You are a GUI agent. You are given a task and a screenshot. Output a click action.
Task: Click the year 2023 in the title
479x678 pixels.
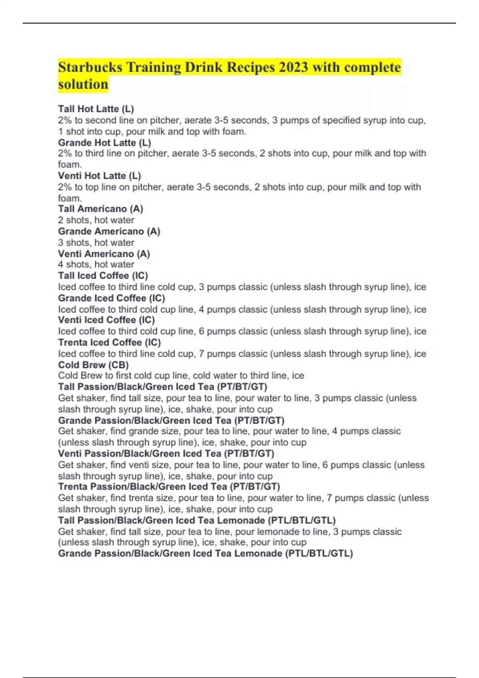(x=293, y=67)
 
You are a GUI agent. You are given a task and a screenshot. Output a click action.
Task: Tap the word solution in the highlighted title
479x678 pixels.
(x=83, y=85)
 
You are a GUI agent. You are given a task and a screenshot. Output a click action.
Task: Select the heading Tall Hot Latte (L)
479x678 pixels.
(x=96, y=109)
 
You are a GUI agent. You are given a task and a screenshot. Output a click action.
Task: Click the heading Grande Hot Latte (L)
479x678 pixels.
(x=104, y=142)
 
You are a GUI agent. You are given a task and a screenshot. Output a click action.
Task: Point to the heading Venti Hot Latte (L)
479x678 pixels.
(x=99, y=175)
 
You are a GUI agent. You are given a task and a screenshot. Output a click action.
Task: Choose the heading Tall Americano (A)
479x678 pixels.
(x=100, y=209)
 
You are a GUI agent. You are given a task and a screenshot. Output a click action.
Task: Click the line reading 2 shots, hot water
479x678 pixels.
(x=96, y=220)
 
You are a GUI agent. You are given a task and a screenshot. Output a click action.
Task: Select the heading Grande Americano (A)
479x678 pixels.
(x=109, y=231)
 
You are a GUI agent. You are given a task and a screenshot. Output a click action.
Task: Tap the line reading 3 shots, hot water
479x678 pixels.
(x=96, y=242)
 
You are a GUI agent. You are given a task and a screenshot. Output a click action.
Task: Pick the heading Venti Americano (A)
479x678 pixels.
(x=104, y=254)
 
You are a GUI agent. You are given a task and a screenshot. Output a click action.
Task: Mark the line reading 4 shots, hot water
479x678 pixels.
(x=96, y=264)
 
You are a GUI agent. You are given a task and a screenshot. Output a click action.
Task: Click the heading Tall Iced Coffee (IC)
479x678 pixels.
(x=103, y=276)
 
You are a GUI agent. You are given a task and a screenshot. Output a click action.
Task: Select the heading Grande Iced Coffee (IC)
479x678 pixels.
(x=111, y=298)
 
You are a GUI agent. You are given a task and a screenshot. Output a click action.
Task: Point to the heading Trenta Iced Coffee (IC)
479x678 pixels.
(x=109, y=342)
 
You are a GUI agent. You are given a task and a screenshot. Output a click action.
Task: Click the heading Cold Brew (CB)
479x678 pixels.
(x=93, y=365)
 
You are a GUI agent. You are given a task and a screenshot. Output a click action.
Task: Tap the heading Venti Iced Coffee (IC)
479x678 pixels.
(x=106, y=320)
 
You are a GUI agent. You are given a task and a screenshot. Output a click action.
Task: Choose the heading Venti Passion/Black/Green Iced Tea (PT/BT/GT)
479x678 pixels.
(x=166, y=453)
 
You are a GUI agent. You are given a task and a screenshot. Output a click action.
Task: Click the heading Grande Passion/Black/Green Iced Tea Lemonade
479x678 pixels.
(x=205, y=553)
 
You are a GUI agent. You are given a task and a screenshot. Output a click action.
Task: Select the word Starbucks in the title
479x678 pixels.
(x=90, y=67)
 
